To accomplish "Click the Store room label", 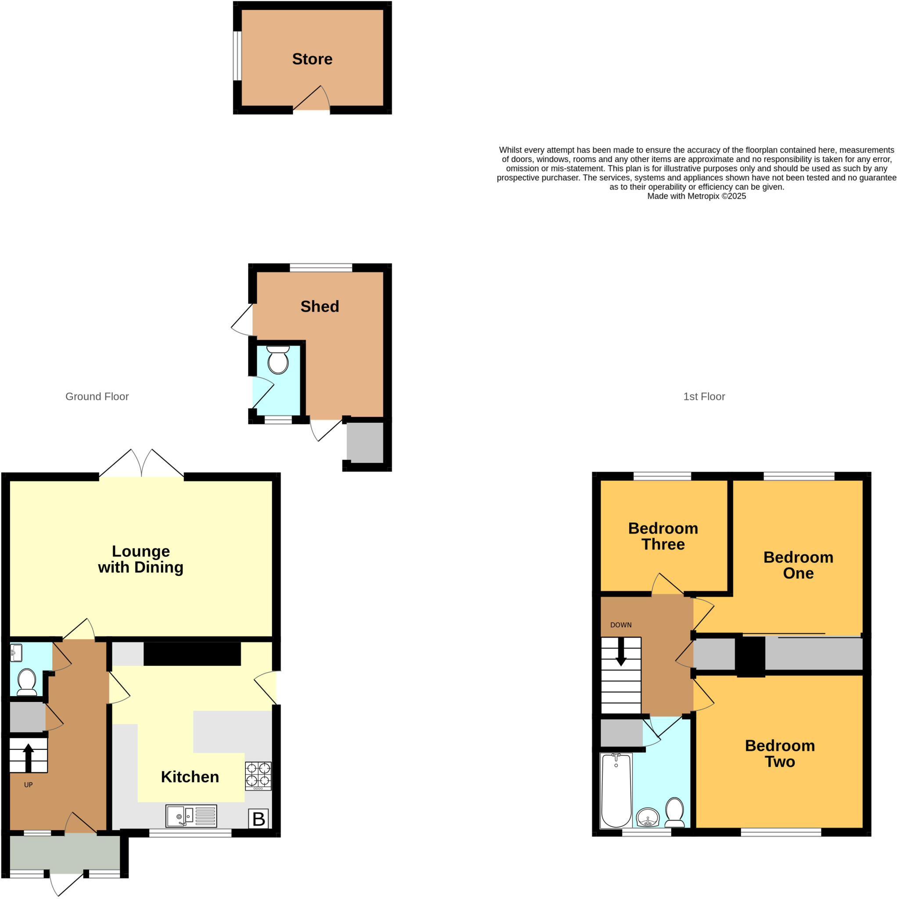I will (x=312, y=59).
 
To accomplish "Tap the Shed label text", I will (x=319, y=306).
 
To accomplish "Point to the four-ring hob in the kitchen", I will (x=258, y=776).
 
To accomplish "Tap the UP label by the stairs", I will (x=29, y=785).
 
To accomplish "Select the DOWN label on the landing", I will (x=620, y=625).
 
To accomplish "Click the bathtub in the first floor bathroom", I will (x=616, y=791).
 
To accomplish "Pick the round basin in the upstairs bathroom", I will (x=648, y=817).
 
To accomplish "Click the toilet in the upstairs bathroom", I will (x=674, y=812).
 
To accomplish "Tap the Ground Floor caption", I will (x=97, y=396).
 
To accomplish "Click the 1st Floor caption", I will (x=703, y=396).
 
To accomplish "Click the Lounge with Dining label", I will (x=140, y=559).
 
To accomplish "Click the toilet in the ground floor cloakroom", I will (x=26, y=682).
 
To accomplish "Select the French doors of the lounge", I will (x=141, y=464).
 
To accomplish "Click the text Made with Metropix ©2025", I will (x=696, y=196).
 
